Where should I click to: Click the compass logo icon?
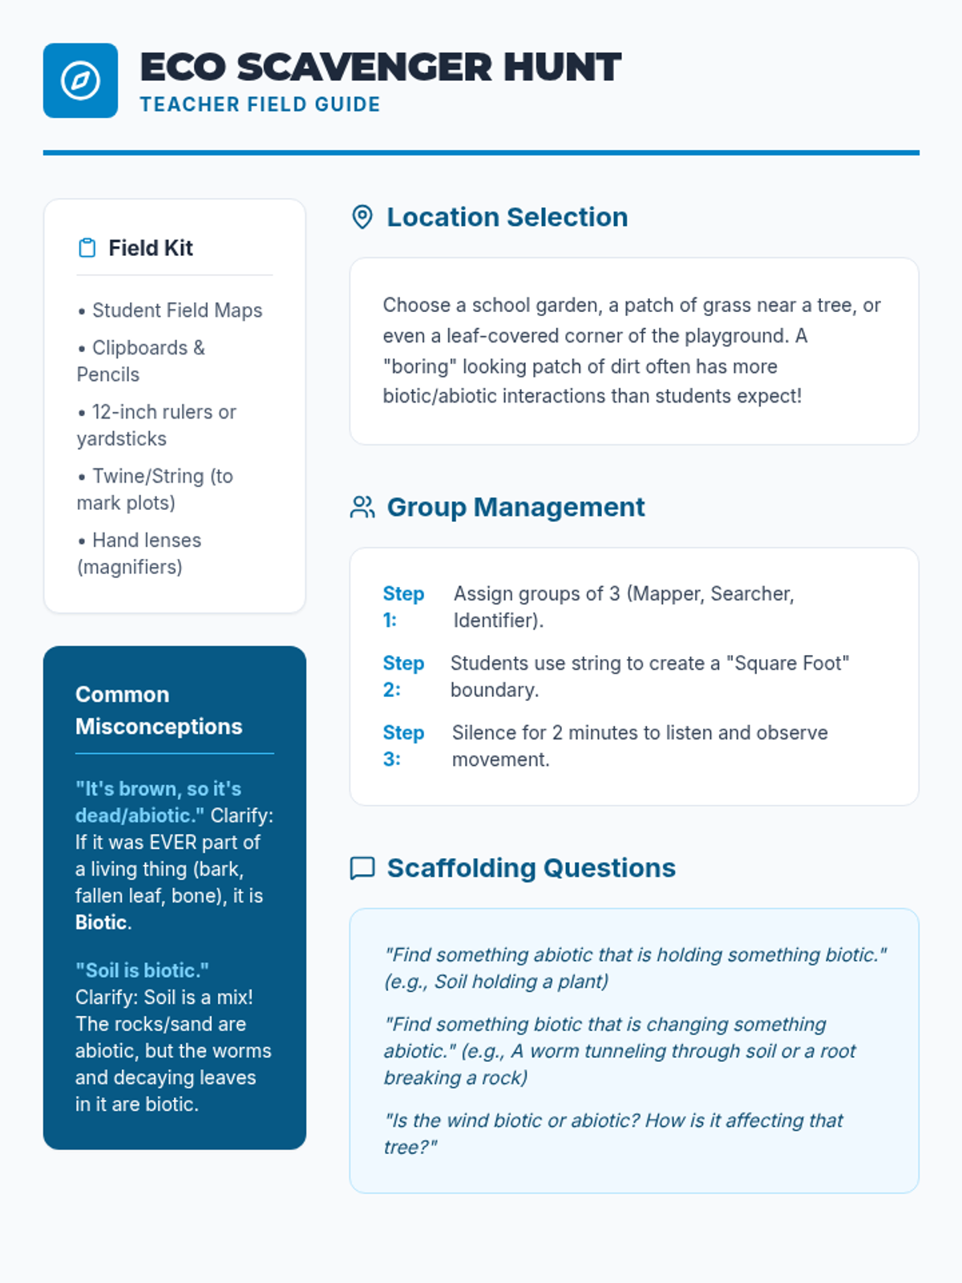80,80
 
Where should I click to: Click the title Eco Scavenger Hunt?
380,67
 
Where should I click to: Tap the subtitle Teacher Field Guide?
260,105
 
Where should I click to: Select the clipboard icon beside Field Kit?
87,248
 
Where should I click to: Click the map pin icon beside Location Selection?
362,217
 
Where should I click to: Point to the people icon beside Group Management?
362,508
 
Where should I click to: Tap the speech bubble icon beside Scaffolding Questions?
362,868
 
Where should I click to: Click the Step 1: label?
402,606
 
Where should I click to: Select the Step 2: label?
402,676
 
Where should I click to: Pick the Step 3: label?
402,746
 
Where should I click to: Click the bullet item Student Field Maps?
176,310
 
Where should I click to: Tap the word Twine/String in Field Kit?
148,476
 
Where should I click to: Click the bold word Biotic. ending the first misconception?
103,923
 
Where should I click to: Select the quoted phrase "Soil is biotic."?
142,971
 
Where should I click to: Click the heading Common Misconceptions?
158,710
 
